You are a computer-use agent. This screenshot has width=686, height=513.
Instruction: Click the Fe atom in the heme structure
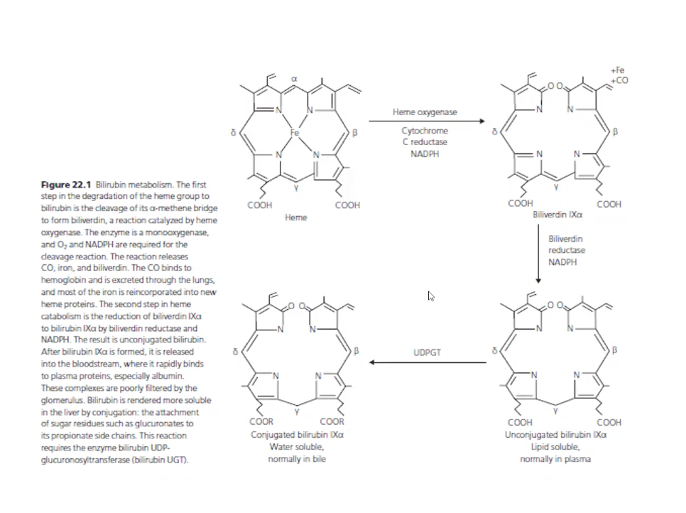(x=296, y=133)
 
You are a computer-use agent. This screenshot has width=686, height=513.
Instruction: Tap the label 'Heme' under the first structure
(x=295, y=217)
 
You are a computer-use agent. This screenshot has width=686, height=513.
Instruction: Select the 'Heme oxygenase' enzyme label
(x=425, y=112)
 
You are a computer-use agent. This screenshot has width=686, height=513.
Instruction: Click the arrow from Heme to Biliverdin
(x=426, y=121)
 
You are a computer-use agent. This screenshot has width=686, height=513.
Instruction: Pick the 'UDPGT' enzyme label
(x=427, y=352)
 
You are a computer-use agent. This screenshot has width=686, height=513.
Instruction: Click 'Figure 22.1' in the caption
(x=66, y=185)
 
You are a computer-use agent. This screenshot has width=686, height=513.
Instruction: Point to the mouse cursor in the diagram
(x=431, y=296)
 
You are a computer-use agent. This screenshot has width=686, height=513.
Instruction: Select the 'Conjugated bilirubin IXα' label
(x=298, y=434)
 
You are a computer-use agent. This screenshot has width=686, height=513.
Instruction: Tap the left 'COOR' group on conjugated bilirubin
(x=260, y=422)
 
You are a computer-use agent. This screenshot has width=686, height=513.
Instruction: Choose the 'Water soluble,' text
(x=297, y=447)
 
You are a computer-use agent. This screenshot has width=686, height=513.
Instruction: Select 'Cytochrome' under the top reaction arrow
(x=425, y=131)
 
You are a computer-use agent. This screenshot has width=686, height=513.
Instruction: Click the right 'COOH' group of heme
(x=347, y=205)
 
